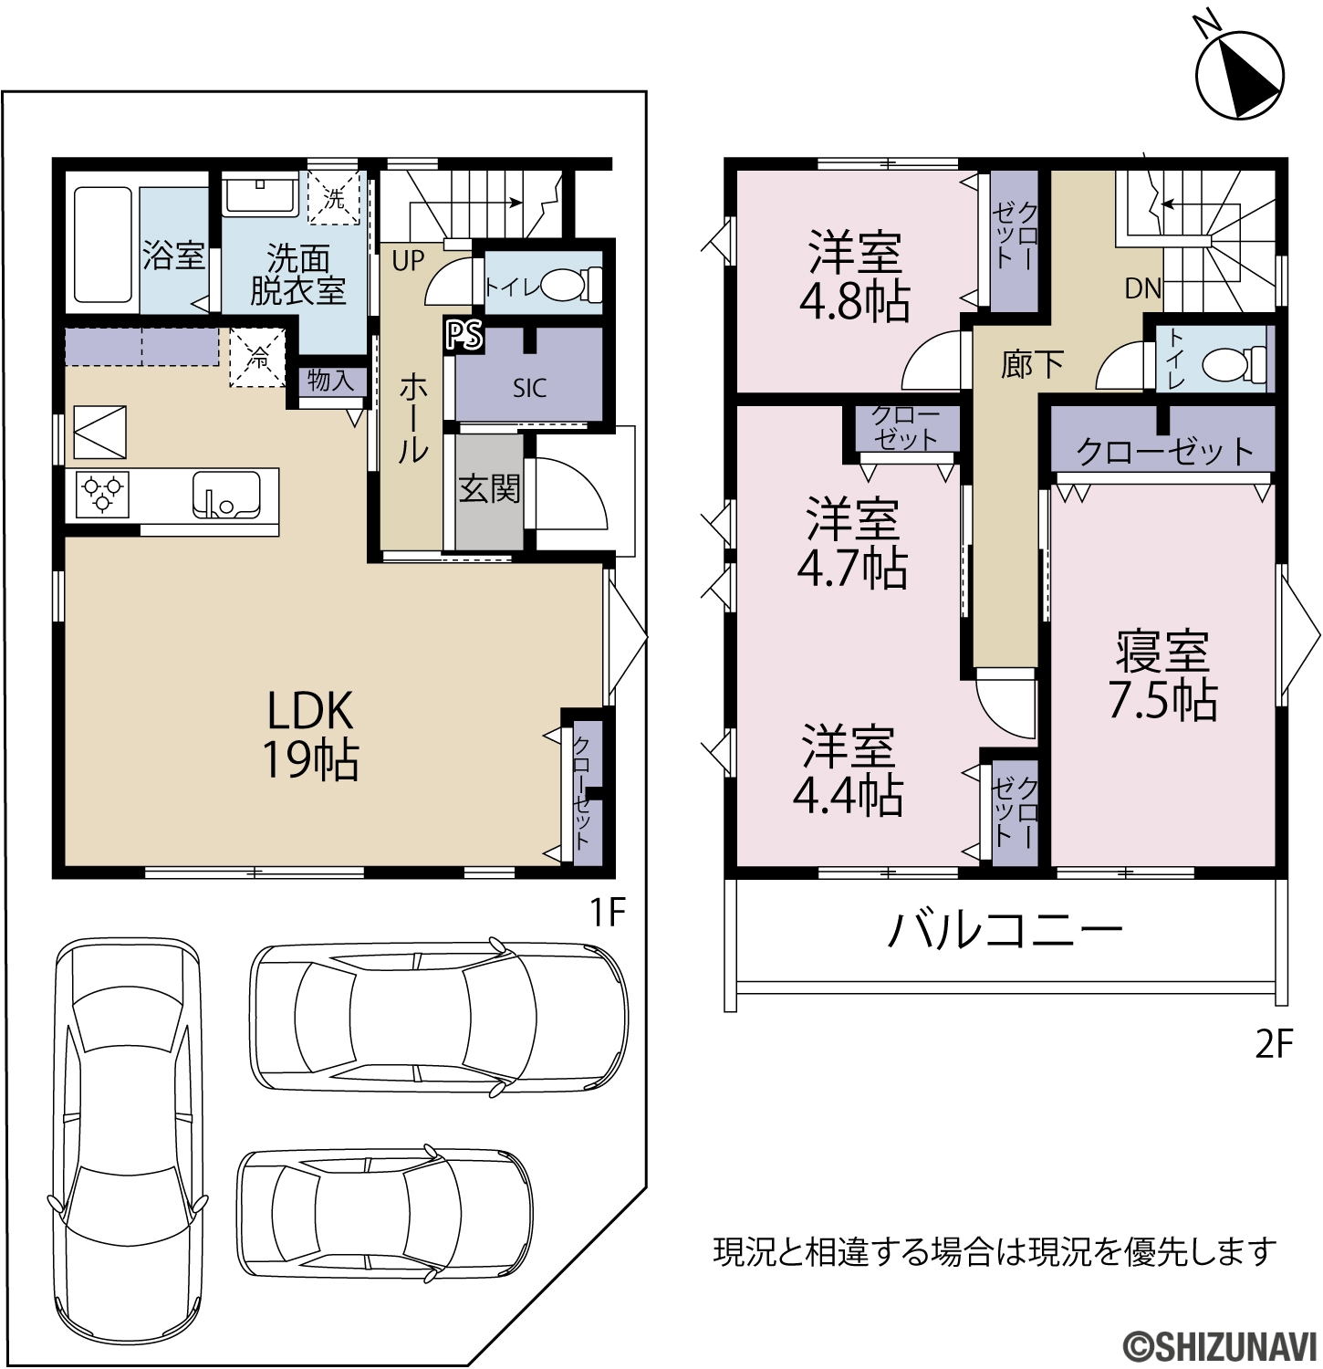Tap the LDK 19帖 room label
point(310,735)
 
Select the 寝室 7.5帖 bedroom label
point(1162,675)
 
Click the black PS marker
point(464,335)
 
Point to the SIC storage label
point(529,388)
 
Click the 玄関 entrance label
point(489,488)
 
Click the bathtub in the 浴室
point(102,245)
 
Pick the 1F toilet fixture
point(572,285)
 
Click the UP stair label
point(408,260)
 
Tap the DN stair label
point(1142,288)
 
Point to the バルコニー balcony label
point(1005,932)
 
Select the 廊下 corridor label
point(1032,364)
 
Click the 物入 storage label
point(329,380)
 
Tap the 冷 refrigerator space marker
point(258,358)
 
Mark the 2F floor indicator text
point(1274,1043)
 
